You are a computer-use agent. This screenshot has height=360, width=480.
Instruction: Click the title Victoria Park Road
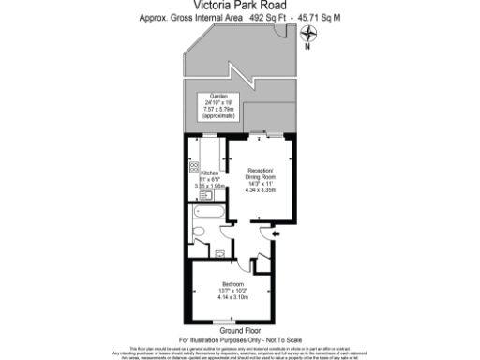click(239, 5)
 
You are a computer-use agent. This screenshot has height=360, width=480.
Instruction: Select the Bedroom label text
click(233, 283)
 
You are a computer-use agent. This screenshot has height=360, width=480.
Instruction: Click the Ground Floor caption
click(239, 330)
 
